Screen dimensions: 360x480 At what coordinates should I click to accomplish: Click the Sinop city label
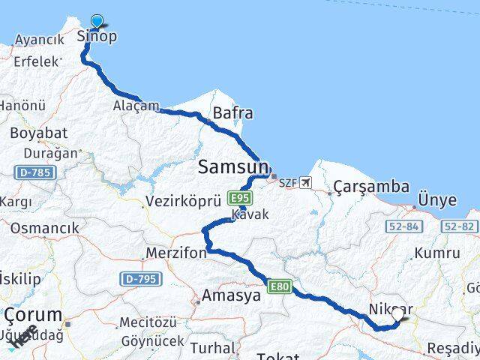tap(97, 37)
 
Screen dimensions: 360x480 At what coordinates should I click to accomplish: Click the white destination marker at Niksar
tap(397, 315)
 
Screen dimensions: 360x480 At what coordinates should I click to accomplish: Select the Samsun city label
tap(232, 168)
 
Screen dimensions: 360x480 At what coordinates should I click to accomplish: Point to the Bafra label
tap(232, 114)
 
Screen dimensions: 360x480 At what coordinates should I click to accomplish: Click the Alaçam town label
tap(136, 106)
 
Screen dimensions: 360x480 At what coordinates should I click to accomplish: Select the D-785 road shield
tap(35, 172)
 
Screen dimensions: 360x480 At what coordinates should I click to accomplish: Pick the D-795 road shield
tap(140, 278)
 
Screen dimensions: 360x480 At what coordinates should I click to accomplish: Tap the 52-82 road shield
tap(460, 226)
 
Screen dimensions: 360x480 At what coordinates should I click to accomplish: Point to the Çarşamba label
tap(372, 187)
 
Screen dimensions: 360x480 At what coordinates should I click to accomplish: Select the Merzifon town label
tap(177, 253)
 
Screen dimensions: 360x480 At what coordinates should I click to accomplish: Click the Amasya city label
tap(230, 295)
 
